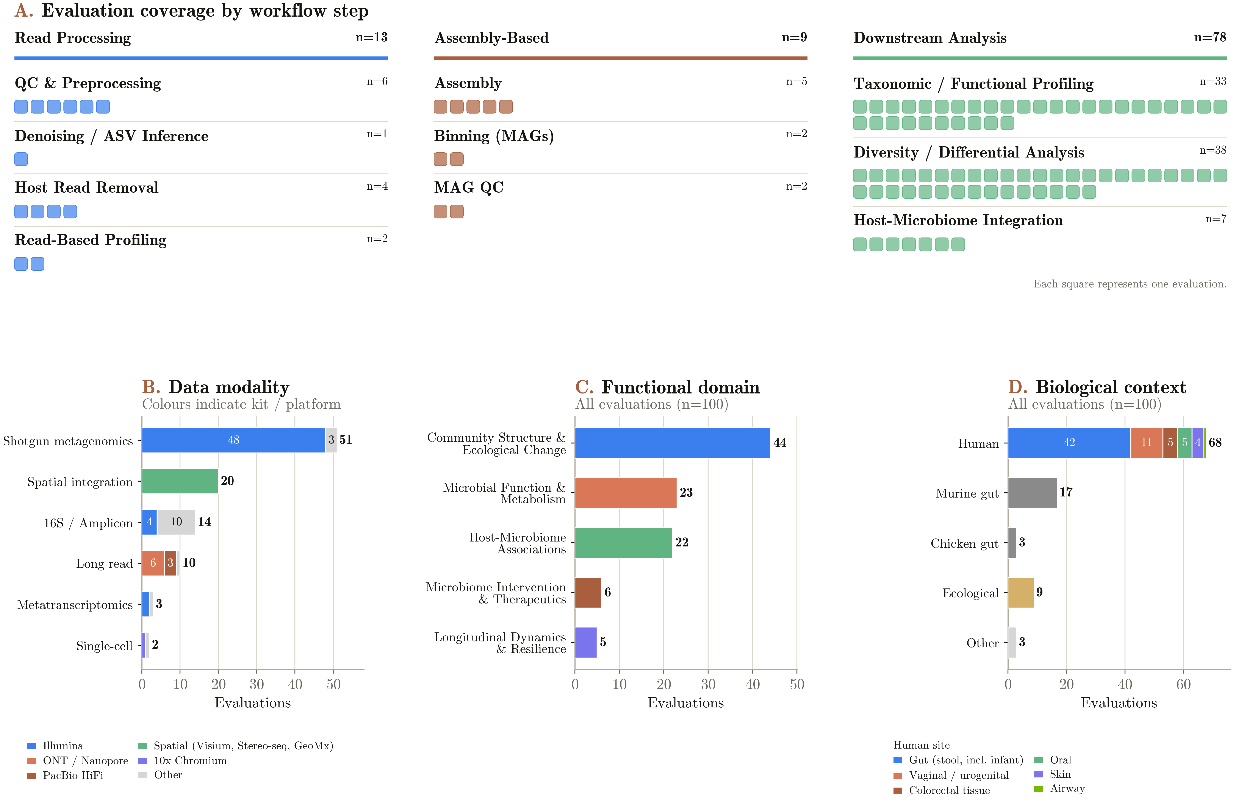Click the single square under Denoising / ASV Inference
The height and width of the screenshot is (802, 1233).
point(21,159)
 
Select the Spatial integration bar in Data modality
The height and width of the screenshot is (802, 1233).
point(180,481)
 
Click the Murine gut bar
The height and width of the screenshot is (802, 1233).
point(1033,493)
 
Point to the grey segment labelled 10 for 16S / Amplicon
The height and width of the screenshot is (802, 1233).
point(176,522)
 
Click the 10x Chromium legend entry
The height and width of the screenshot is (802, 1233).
point(183,761)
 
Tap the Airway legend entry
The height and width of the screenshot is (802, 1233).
point(1059,789)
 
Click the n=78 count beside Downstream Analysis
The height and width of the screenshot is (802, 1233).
point(1210,37)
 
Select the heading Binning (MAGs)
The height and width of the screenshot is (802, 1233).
point(494,136)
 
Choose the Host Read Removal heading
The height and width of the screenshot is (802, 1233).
point(86,187)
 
